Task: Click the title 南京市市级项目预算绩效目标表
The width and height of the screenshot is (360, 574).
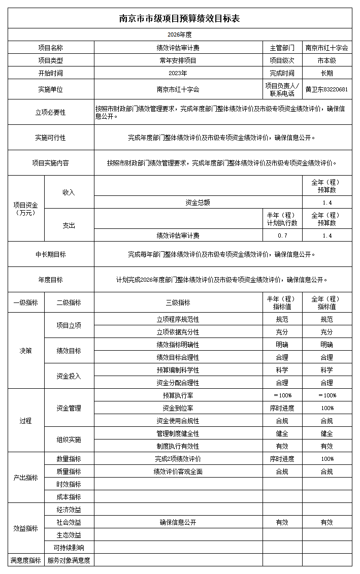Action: [x=179, y=18]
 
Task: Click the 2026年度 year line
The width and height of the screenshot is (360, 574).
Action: [x=179, y=35]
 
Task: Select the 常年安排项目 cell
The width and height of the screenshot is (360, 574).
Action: [x=178, y=60]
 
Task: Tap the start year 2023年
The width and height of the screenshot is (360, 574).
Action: [x=178, y=73]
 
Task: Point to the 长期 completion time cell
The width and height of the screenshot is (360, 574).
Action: [x=327, y=73]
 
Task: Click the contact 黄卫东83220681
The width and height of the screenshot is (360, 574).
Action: [x=327, y=89]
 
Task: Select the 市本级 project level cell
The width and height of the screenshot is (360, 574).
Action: [x=327, y=60]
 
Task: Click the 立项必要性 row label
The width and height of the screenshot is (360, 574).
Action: [x=50, y=112]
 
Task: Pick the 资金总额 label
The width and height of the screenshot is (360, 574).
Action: [x=198, y=202]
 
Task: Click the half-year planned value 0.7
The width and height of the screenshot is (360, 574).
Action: [x=282, y=235]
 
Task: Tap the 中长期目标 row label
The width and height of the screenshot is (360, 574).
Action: [x=50, y=254]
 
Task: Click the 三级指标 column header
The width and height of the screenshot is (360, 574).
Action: [x=178, y=302]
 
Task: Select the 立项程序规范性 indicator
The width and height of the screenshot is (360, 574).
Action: [x=178, y=319]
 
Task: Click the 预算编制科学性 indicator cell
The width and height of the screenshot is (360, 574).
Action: [x=178, y=370]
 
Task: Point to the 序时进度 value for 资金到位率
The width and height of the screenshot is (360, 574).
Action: [x=282, y=408]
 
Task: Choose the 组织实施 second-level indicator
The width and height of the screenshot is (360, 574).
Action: [x=69, y=440]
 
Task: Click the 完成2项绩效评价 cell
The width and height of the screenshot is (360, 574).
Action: [x=178, y=459]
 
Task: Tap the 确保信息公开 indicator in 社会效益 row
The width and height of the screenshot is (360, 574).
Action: [x=178, y=522]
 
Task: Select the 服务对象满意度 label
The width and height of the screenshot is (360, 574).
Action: [x=69, y=560]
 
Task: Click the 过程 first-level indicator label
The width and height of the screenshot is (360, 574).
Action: [x=25, y=421]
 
